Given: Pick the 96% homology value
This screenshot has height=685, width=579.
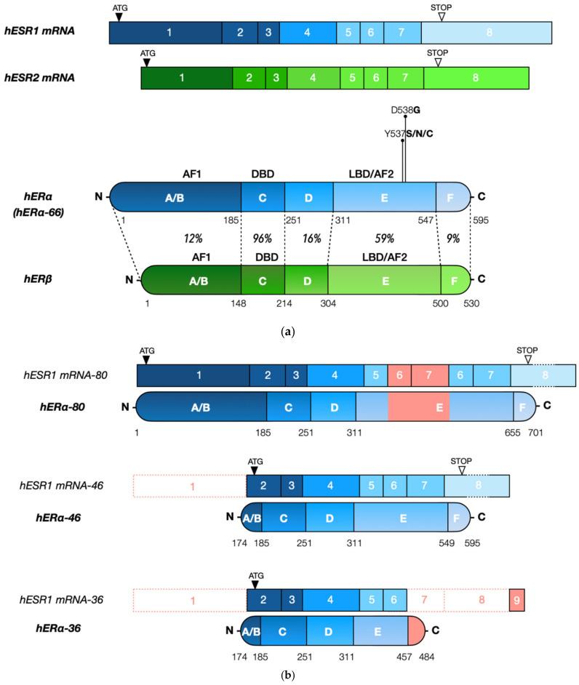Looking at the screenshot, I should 262,238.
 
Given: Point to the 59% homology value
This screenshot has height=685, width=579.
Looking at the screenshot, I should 384,238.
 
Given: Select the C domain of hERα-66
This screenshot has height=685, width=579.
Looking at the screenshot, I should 263,196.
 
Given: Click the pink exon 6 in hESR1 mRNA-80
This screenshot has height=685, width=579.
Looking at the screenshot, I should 399,375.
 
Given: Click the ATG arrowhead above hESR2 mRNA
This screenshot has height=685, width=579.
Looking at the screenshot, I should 146,63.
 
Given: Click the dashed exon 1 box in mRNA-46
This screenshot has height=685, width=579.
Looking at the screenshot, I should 191,485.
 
